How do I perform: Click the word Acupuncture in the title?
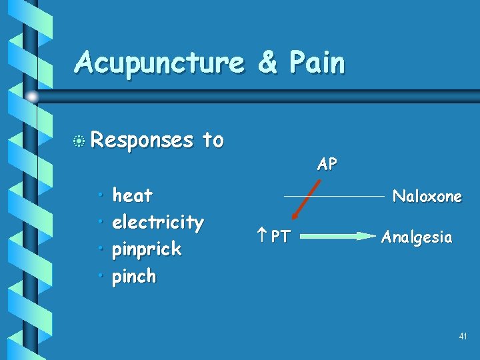159,64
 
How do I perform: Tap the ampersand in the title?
267,63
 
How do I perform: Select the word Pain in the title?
317,63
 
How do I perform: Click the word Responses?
141,140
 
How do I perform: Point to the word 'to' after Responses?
213,140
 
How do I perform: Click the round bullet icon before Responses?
80,141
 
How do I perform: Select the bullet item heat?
133,195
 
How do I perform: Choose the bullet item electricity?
158,222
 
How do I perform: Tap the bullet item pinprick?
147,249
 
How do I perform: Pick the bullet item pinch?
134,276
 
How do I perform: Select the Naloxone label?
427,196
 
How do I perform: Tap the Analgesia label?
417,237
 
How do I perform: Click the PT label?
280,236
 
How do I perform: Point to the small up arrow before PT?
260,236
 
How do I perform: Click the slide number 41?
463,337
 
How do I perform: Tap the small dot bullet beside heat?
100,195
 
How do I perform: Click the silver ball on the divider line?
33,97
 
